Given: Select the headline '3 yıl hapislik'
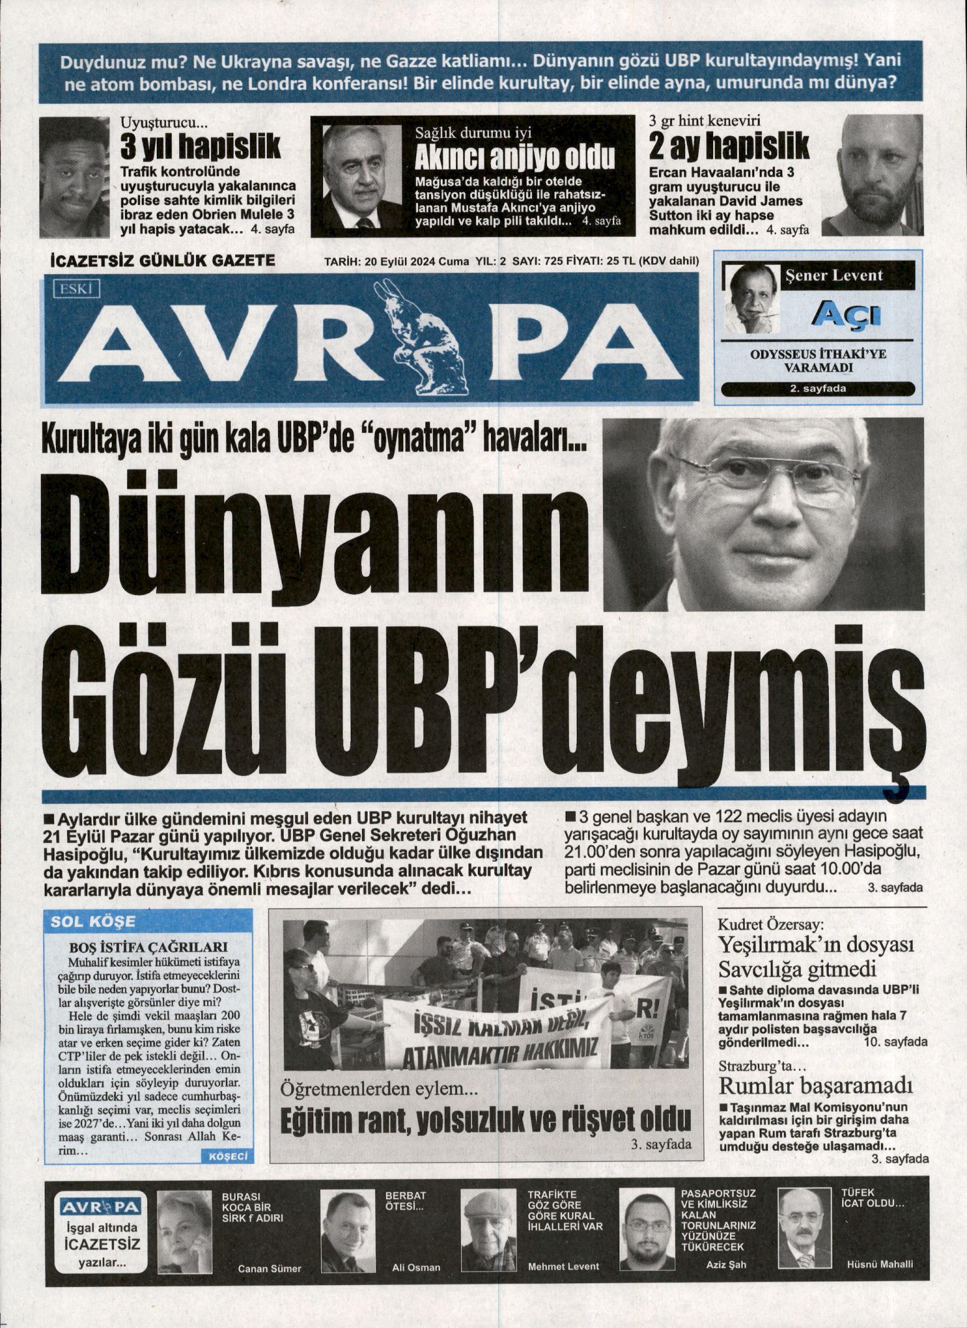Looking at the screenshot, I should (200, 147).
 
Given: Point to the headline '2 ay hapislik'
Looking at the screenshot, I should (729, 147).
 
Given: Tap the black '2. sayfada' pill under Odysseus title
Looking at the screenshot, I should (818, 390).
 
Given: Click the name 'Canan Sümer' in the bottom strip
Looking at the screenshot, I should (269, 1268).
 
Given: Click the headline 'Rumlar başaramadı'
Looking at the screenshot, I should (816, 1086).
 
